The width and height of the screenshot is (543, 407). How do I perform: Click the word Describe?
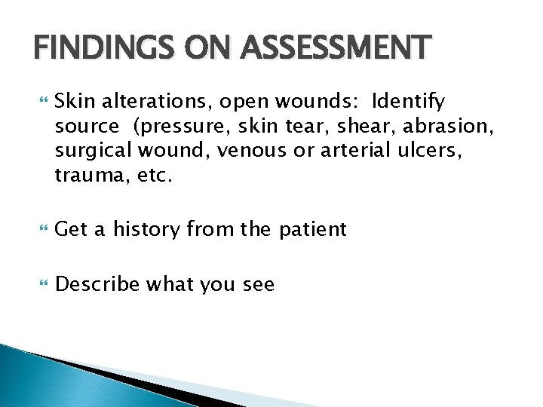[98, 284]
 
